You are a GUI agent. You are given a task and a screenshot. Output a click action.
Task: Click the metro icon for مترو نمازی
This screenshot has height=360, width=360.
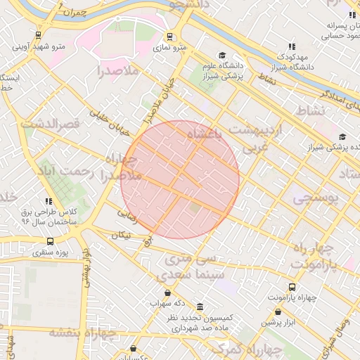(x=169, y=36)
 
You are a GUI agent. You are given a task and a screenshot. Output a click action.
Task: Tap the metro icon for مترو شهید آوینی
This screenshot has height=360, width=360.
(x=37, y=35)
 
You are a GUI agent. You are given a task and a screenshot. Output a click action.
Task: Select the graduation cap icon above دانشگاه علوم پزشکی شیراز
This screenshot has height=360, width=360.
(x=222, y=56)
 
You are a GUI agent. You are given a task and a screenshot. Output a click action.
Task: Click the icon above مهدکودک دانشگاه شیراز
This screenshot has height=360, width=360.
(x=292, y=46)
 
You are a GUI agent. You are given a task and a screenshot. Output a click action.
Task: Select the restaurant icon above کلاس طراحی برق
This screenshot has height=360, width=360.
(x=48, y=201)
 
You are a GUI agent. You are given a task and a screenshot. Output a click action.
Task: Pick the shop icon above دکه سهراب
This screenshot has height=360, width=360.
(x=167, y=292)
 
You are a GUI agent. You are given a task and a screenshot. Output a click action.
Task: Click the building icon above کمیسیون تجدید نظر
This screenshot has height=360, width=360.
(x=200, y=307)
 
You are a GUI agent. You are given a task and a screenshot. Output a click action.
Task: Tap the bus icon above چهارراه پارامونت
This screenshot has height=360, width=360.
(x=292, y=286)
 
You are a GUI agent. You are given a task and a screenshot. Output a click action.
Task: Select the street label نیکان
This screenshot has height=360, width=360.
(x=120, y=235)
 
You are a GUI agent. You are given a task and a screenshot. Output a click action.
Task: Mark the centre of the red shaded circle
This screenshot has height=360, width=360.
(x=180, y=180)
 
